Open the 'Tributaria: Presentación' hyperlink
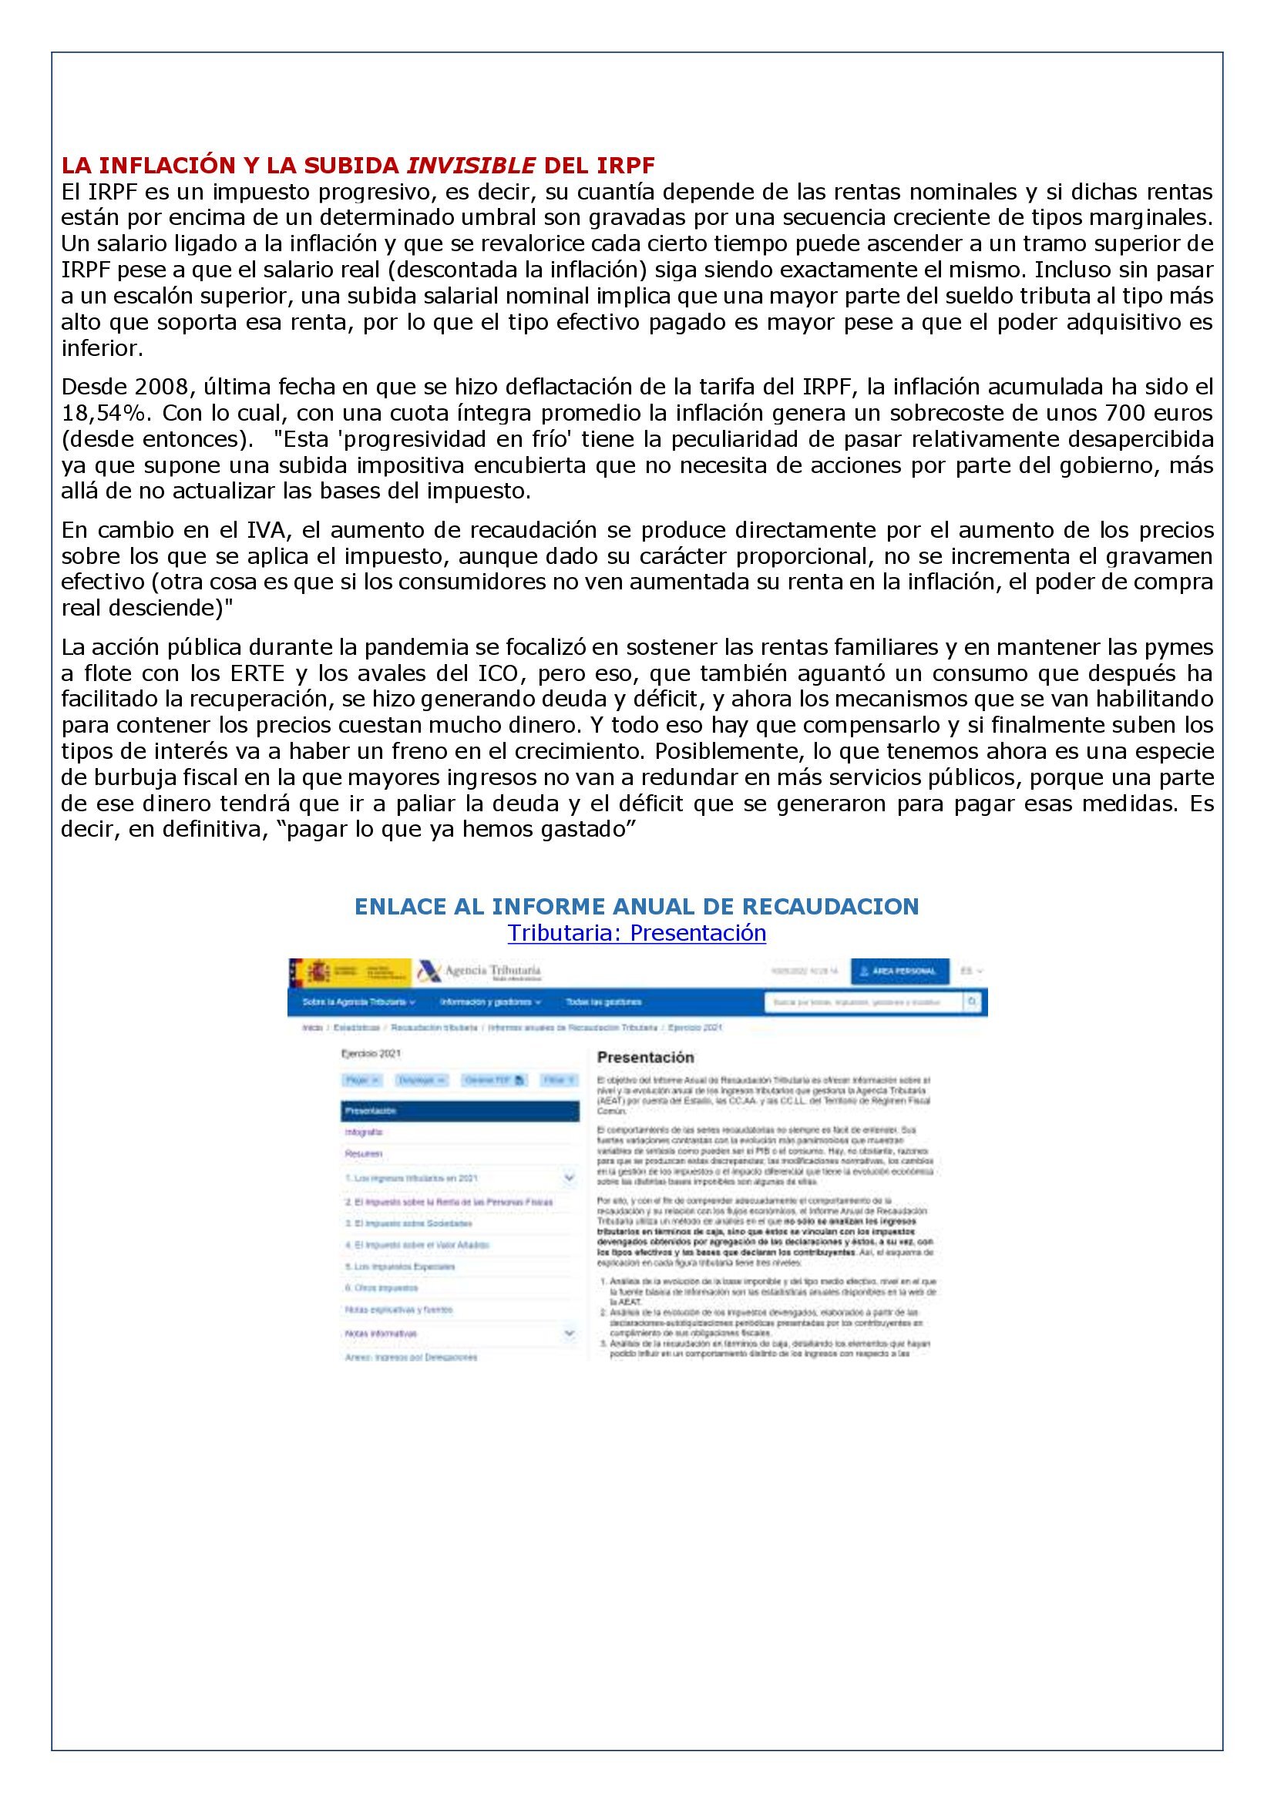[x=637, y=933]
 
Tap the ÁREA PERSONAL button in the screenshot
[x=899, y=971]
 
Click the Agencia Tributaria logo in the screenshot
[x=479, y=971]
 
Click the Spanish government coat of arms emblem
[x=316, y=971]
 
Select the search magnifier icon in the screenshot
[x=973, y=1002]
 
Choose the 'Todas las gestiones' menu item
[x=603, y=1002]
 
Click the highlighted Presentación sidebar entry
[x=460, y=1112]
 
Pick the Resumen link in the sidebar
[x=364, y=1155]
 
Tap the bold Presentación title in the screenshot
[x=645, y=1058]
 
